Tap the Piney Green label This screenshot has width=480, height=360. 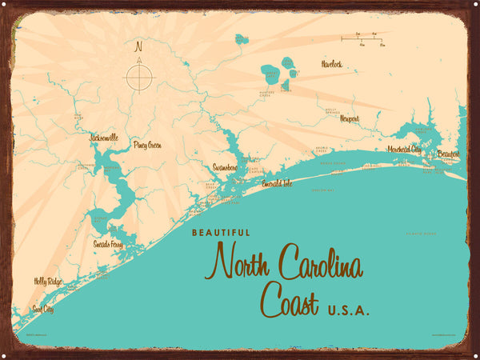click(147, 145)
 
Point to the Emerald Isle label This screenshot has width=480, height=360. click(277, 183)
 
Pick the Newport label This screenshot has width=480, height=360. click(350, 118)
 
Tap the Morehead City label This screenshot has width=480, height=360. click(404, 149)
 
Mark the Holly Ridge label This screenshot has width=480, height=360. click(47, 281)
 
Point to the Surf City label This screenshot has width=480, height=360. click(42, 308)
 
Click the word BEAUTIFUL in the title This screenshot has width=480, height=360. click(221, 233)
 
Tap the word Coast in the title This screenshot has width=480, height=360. click(289, 302)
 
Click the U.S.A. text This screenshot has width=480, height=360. click(348, 310)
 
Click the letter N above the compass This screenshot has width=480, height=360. click(139, 46)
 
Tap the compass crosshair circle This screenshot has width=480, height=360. click(139, 77)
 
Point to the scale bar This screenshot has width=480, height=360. click(361, 38)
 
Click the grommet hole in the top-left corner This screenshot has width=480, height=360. click(10, 10)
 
